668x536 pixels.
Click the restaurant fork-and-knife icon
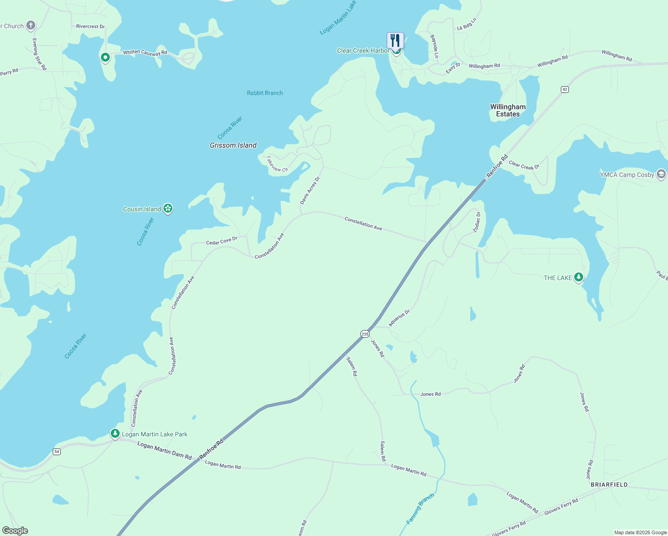(x=395, y=40)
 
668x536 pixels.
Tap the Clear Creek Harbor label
(x=363, y=51)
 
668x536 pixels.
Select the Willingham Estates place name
(x=508, y=110)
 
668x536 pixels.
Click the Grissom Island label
(x=233, y=145)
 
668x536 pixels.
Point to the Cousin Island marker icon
(x=168, y=208)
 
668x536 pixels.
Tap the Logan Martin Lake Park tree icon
(x=115, y=433)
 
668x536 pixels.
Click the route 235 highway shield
(x=365, y=334)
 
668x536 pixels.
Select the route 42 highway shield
(x=565, y=89)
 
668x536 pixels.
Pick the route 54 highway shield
(x=56, y=452)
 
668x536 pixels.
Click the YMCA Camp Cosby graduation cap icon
(x=661, y=174)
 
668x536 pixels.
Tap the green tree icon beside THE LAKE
(x=579, y=277)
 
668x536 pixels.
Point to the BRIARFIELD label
(x=609, y=485)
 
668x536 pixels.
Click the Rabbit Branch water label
(x=265, y=93)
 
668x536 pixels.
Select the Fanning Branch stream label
(x=420, y=509)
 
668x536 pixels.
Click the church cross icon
(x=31, y=25)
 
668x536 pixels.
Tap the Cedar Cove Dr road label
(x=221, y=241)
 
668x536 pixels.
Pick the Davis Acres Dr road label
(x=310, y=191)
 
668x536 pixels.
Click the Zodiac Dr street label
(x=477, y=222)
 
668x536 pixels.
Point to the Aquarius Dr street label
(x=399, y=318)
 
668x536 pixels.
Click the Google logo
(x=15, y=531)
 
